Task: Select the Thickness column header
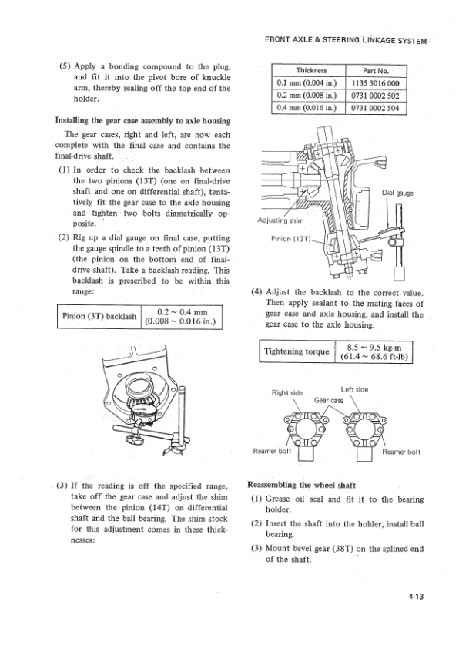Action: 301,69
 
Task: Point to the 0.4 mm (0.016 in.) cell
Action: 301,107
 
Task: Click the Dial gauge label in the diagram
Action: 399,193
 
